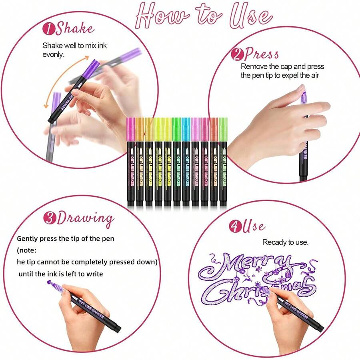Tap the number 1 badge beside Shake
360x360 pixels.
[48, 28]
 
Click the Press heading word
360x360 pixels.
[262, 54]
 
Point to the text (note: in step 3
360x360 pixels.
[27, 250]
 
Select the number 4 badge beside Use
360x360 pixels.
[235, 226]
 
